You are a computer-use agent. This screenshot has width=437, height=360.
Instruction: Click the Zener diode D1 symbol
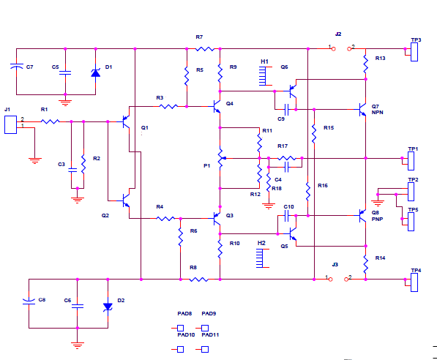[x=96, y=72]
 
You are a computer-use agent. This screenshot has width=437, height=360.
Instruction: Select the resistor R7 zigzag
[x=205, y=49]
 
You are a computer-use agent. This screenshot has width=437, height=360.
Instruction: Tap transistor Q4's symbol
[x=217, y=106]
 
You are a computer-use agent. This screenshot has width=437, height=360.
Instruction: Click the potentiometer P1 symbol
[x=222, y=158]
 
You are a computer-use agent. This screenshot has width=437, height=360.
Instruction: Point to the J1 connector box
[x=10, y=125]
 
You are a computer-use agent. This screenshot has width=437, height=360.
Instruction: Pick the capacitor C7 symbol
[x=16, y=67]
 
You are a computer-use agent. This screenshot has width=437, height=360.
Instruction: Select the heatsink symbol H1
[x=263, y=76]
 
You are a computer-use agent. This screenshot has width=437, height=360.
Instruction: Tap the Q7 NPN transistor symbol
[x=362, y=109]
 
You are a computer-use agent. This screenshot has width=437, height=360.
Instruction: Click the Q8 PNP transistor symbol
[x=362, y=216]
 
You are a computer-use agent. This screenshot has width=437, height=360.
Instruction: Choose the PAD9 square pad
[x=205, y=328]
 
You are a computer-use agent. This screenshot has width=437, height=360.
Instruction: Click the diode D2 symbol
[x=108, y=307]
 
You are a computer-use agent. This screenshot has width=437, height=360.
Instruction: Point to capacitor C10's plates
[x=286, y=216]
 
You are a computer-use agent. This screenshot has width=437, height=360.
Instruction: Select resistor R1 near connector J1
[x=51, y=121]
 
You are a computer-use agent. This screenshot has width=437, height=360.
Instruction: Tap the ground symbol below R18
[x=269, y=206]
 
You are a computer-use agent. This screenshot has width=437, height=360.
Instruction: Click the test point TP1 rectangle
[x=411, y=161]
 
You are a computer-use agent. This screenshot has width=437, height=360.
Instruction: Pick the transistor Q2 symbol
[x=126, y=200]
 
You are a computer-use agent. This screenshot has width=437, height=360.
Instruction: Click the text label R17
[x=283, y=146]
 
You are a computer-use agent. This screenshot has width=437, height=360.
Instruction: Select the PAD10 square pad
[x=180, y=349]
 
